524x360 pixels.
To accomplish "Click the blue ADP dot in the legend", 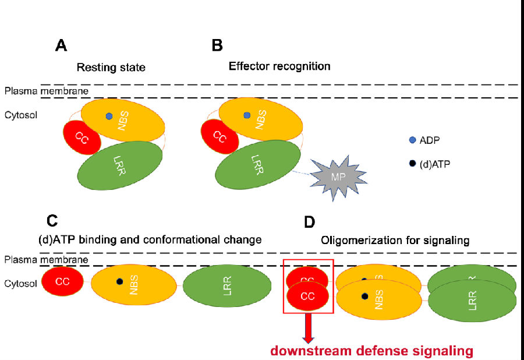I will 412,140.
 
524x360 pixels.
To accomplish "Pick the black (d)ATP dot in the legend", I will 412,164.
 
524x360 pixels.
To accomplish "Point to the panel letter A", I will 61,45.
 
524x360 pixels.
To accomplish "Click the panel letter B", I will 217,45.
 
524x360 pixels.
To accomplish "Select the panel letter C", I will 51,221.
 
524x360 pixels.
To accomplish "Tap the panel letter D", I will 309,222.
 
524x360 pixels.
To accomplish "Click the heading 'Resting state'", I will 111,68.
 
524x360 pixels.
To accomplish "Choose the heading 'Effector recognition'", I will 279,66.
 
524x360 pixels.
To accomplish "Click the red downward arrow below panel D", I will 308,328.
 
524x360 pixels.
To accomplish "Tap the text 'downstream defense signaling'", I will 370,351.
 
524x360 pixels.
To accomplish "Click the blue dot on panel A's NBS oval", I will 109,116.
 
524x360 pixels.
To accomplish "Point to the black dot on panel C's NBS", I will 119,281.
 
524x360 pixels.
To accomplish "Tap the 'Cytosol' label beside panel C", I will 20,284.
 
